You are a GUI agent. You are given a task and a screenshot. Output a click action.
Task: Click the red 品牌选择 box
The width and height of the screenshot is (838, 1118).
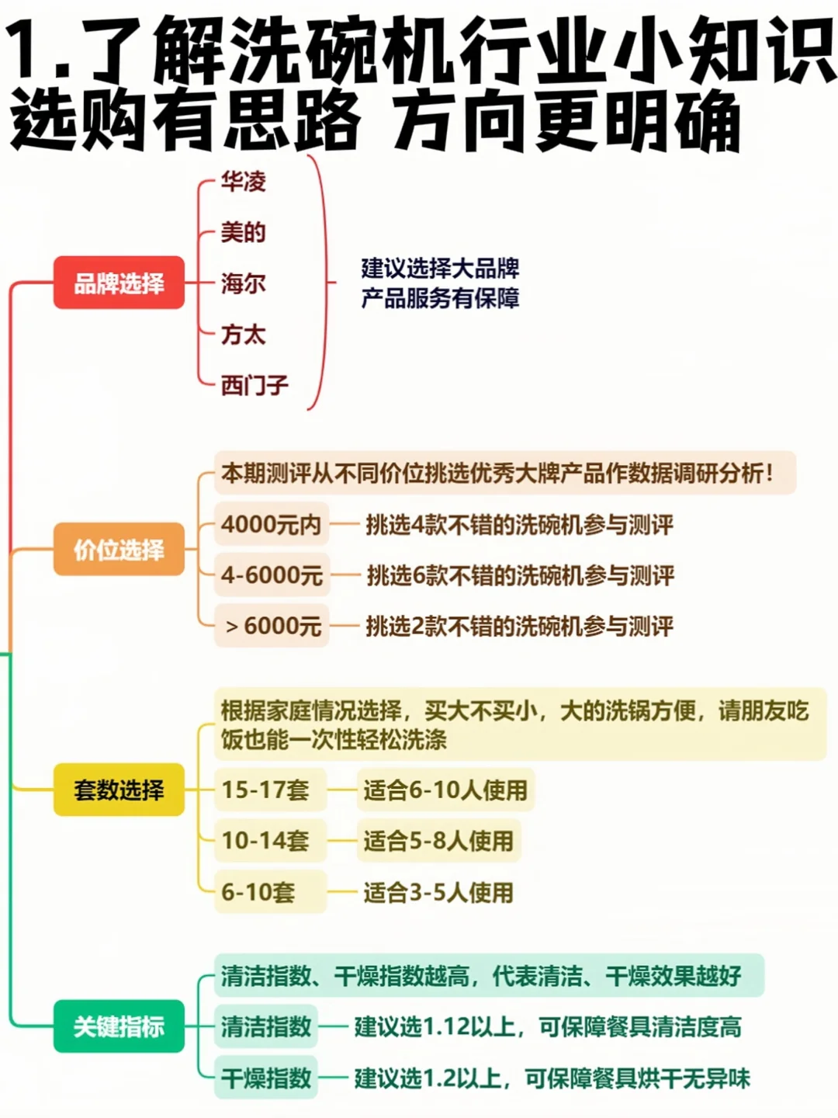[x=119, y=283]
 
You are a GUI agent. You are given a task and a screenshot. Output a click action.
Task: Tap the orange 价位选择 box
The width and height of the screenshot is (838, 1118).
[x=119, y=550]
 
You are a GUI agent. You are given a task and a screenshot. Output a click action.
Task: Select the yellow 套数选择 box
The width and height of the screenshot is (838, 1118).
[x=119, y=790]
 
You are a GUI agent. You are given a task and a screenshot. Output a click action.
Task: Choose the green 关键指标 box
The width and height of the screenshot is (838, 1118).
[x=119, y=1026]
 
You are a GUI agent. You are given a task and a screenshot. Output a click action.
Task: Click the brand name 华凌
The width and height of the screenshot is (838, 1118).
[x=243, y=182]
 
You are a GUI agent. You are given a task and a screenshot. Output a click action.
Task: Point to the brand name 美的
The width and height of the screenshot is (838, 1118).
[x=243, y=232]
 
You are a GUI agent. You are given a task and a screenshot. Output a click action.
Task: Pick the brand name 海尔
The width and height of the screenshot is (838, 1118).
[x=243, y=283]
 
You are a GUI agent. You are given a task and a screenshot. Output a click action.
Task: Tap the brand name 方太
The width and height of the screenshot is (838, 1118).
[x=243, y=335]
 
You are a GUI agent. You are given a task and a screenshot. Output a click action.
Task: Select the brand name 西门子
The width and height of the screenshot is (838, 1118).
[x=254, y=385]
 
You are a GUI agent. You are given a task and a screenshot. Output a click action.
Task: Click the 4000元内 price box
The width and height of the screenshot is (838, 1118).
[x=272, y=525]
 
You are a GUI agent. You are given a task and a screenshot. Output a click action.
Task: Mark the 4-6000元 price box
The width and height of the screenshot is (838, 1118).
[x=272, y=575]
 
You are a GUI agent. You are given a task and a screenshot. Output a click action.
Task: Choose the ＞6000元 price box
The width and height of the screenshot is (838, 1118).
[x=272, y=626]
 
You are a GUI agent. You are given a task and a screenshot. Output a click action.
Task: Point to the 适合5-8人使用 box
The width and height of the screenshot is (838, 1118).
[x=438, y=841]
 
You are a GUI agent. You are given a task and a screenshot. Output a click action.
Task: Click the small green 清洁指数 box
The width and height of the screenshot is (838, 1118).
[x=266, y=1027]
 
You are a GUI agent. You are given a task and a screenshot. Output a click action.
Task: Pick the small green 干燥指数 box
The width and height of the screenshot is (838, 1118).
[x=266, y=1078]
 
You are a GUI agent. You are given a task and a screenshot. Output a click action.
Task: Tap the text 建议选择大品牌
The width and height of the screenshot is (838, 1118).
[x=440, y=269]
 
